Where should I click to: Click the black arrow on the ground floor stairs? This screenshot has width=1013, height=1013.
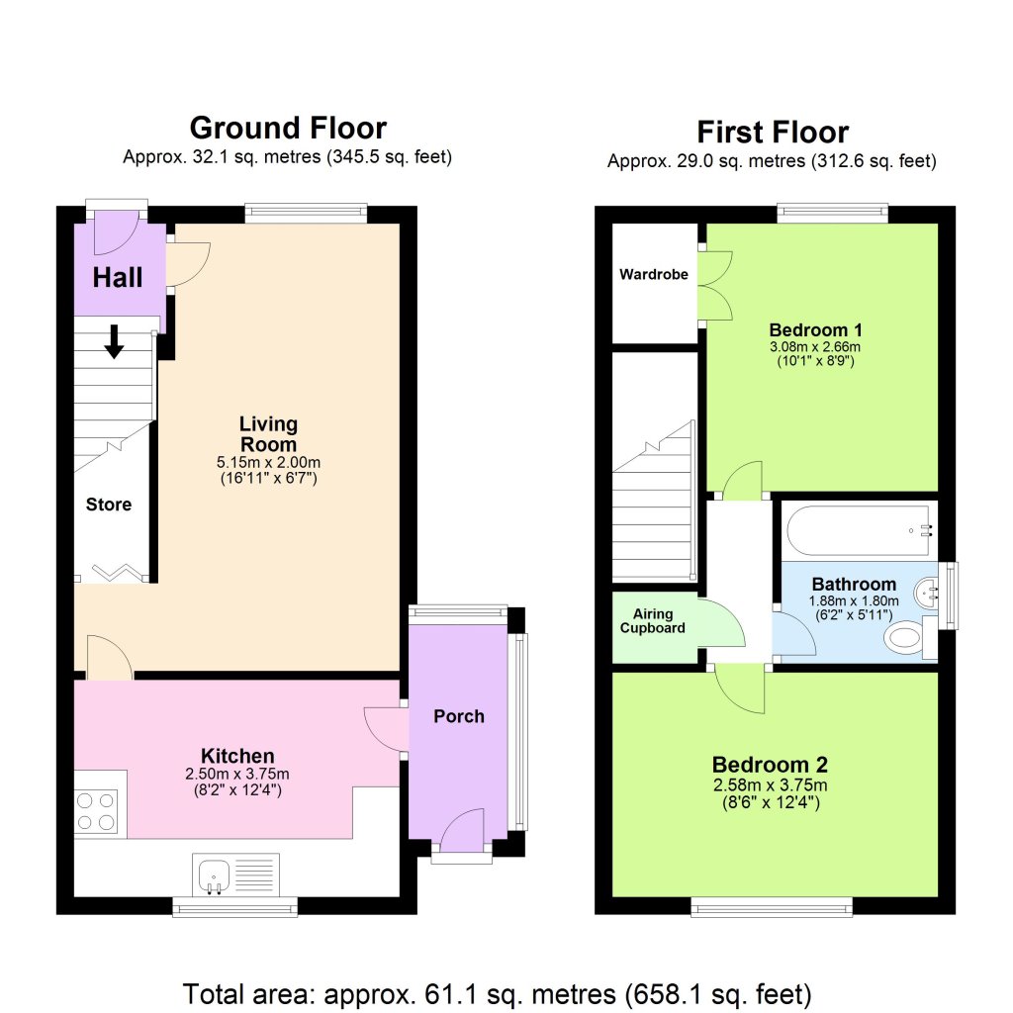coord(114,341)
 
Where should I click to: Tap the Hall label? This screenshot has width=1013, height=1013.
coord(118,278)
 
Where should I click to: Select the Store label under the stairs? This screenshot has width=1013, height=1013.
coord(109,505)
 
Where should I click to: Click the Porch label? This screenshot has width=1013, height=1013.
coord(459,716)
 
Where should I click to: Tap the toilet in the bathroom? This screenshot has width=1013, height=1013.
coord(906,638)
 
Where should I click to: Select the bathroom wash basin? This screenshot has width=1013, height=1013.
coord(929,593)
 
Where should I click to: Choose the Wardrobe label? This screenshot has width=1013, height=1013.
coord(653,274)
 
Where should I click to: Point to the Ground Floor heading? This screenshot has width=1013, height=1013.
coord(288,128)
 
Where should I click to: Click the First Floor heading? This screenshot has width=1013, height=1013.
coord(773,132)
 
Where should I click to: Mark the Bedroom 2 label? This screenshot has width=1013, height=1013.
coord(771,765)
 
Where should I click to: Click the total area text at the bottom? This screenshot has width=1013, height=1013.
coord(498,991)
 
